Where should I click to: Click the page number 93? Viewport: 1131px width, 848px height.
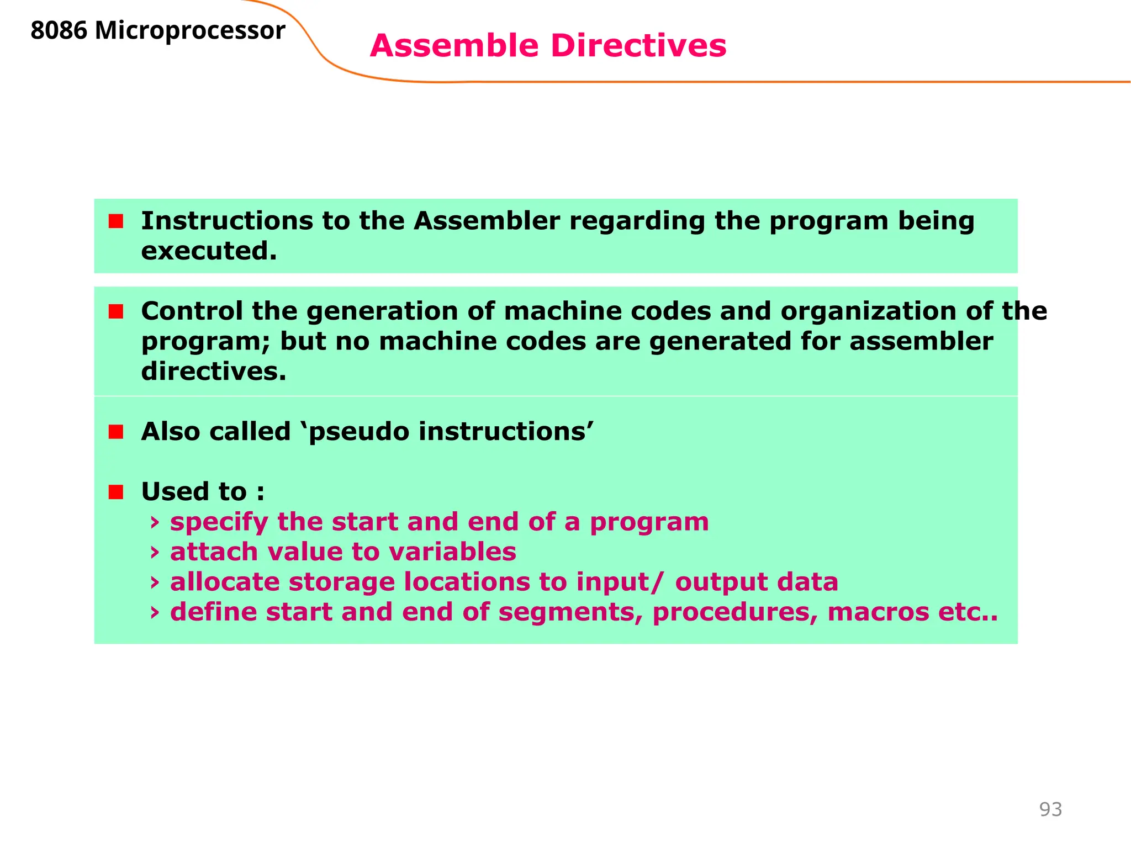[1050, 809]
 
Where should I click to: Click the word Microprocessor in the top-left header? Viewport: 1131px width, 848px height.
[190, 30]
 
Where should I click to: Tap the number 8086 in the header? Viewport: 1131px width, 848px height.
[59, 30]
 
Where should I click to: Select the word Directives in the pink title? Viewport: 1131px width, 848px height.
[638, 45]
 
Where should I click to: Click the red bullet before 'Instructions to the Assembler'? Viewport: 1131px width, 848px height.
[116, 221]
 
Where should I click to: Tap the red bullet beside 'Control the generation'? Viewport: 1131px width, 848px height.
[116, 311]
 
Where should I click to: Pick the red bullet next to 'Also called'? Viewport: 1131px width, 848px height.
[116, 432]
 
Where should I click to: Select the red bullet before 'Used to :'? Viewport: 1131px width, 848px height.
[116, 492]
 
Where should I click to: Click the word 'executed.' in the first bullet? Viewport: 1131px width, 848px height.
[209, 252]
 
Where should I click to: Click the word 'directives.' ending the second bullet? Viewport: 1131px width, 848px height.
[214, 372]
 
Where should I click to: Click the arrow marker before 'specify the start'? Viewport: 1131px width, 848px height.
[155, 522]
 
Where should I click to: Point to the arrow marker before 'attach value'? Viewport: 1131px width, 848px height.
[155, 552]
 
